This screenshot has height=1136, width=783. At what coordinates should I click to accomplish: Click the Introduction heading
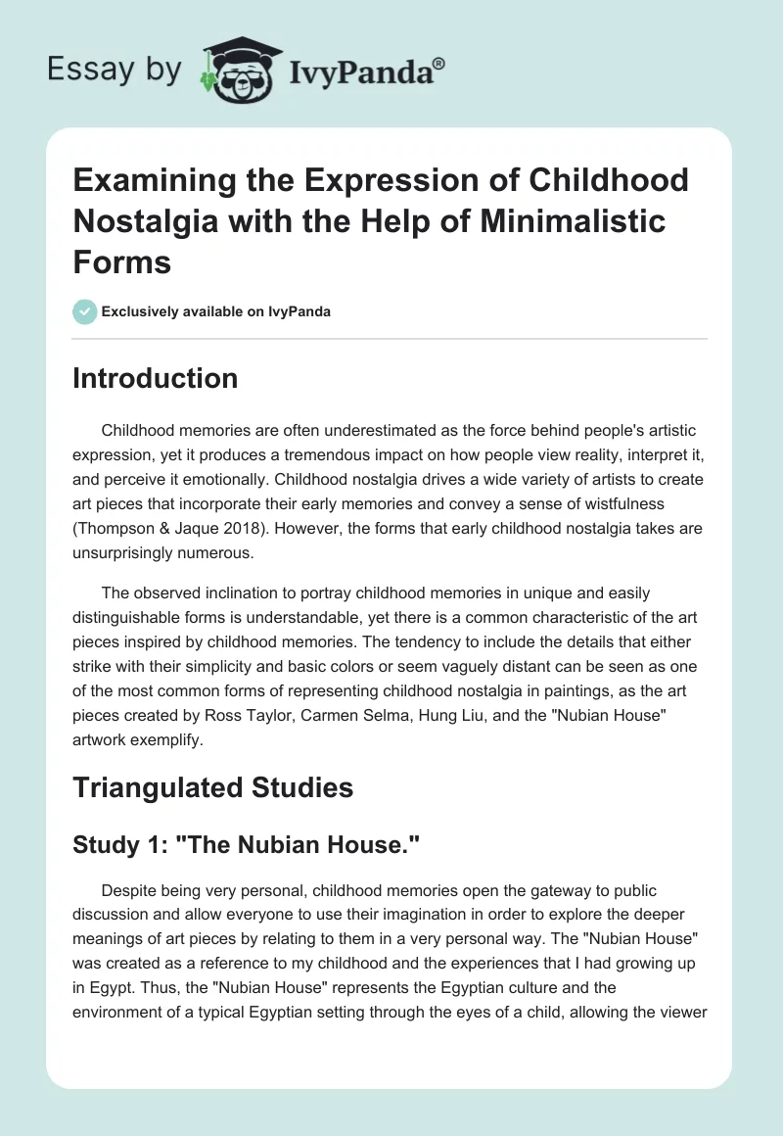pyautogui.click(x=155, y=379)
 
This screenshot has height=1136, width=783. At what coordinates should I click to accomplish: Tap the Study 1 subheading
pyautogui.click(x=240, y=844)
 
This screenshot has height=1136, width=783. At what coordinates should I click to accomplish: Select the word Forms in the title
pyautogui.click(x=121, y=261)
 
